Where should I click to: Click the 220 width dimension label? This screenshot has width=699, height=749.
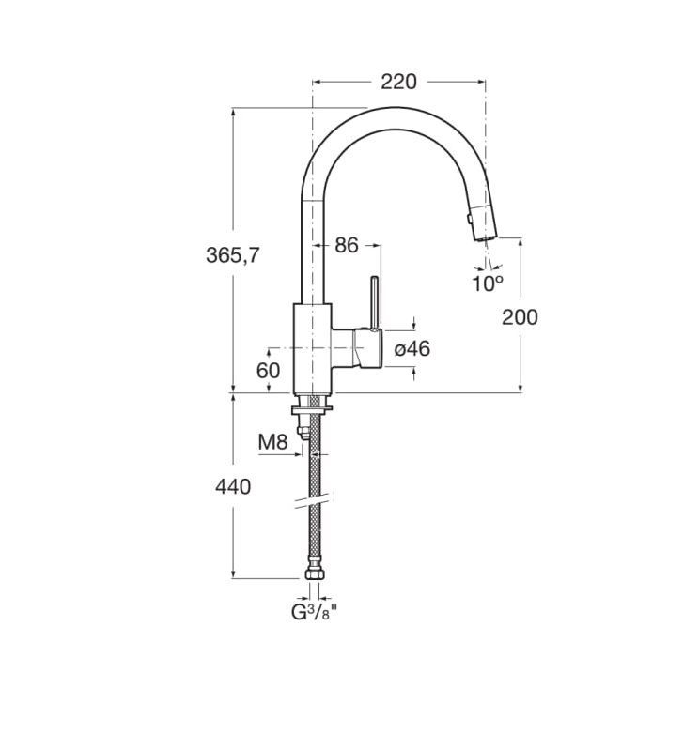tap(398, 82)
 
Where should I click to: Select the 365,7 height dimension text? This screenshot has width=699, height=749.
tap(232, 255)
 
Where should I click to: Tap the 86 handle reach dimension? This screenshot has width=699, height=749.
tap(346, 245)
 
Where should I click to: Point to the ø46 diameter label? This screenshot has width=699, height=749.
tap(412, 349)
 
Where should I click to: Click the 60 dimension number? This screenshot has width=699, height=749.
tap(268, 370)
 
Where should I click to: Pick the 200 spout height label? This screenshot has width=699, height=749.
tap(520, 316)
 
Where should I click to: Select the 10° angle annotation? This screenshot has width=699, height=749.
tap(488, 283)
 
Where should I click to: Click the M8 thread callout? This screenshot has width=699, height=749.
tap(273, 442)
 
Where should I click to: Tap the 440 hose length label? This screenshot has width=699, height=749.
tap(233, 487)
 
